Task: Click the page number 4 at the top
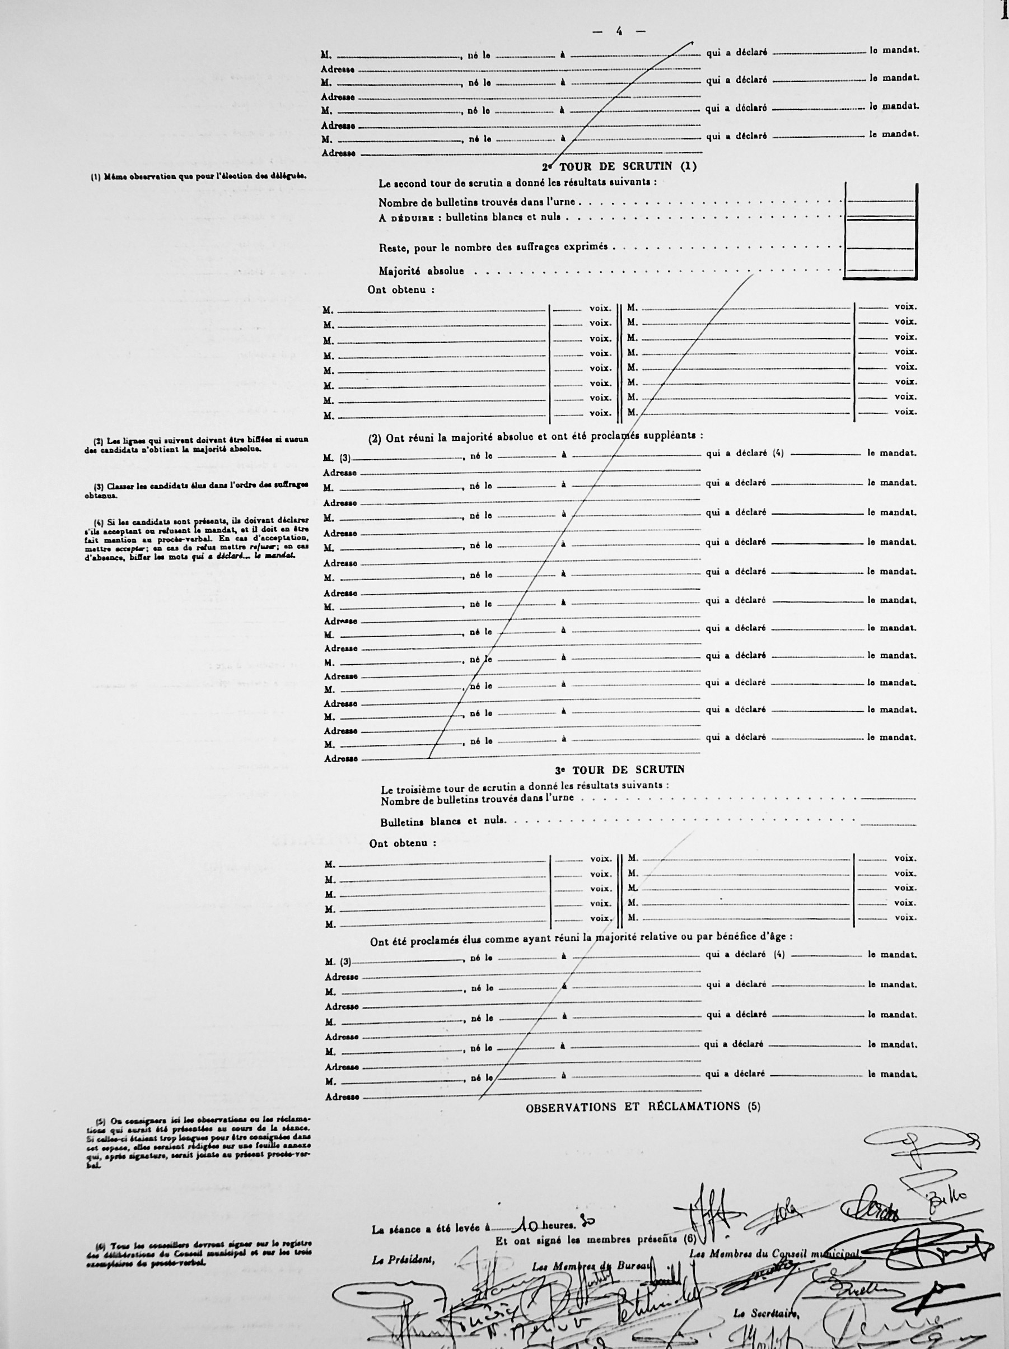(x=619, y=31)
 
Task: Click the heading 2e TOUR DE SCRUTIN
(x=619, y=166)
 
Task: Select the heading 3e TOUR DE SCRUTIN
(x=619, y=769)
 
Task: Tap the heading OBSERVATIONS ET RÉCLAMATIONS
(x=643, y=1107)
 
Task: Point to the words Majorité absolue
(x=421, y=271)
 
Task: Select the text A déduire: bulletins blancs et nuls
(x=469, y=217)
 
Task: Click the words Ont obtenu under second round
(x=400, y=290)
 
